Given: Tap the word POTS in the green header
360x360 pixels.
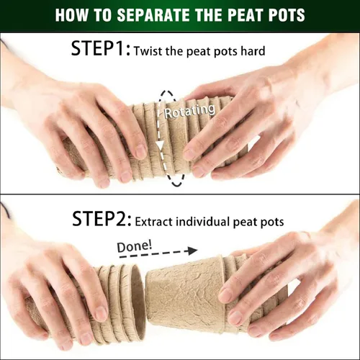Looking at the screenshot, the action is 287,14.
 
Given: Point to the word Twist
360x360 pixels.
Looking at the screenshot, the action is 148,51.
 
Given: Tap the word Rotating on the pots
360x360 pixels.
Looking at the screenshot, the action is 189,111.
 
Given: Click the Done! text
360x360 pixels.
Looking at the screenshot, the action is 134,246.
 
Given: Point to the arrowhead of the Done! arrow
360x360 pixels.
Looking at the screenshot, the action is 192,251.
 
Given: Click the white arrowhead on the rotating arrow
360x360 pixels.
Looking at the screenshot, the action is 160,145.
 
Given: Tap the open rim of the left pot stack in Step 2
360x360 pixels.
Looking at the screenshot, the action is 138,301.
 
